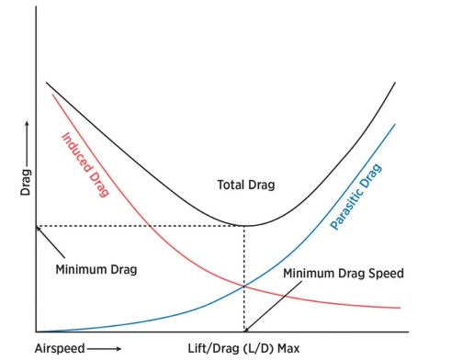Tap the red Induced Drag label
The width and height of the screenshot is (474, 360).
point(85,164)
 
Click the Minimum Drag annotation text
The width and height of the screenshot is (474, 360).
point(96,270)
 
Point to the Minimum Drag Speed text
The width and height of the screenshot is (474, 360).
point(343,274)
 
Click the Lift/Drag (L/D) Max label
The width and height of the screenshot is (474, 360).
point(243,349)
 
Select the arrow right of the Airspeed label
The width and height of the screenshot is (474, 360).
point(105,349)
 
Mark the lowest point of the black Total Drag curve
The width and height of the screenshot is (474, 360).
point(244,225)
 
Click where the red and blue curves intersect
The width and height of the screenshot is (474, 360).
point(244,287)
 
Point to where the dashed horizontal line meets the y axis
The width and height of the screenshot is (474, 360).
point(36,226)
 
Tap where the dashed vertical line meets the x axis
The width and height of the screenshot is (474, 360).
point(244,332)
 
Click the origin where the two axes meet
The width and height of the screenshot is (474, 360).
point(36,332)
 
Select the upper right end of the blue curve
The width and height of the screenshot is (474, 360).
point(396,124)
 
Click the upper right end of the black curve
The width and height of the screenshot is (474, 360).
point(396,83)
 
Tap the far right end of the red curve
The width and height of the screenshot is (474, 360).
point(401,308)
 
